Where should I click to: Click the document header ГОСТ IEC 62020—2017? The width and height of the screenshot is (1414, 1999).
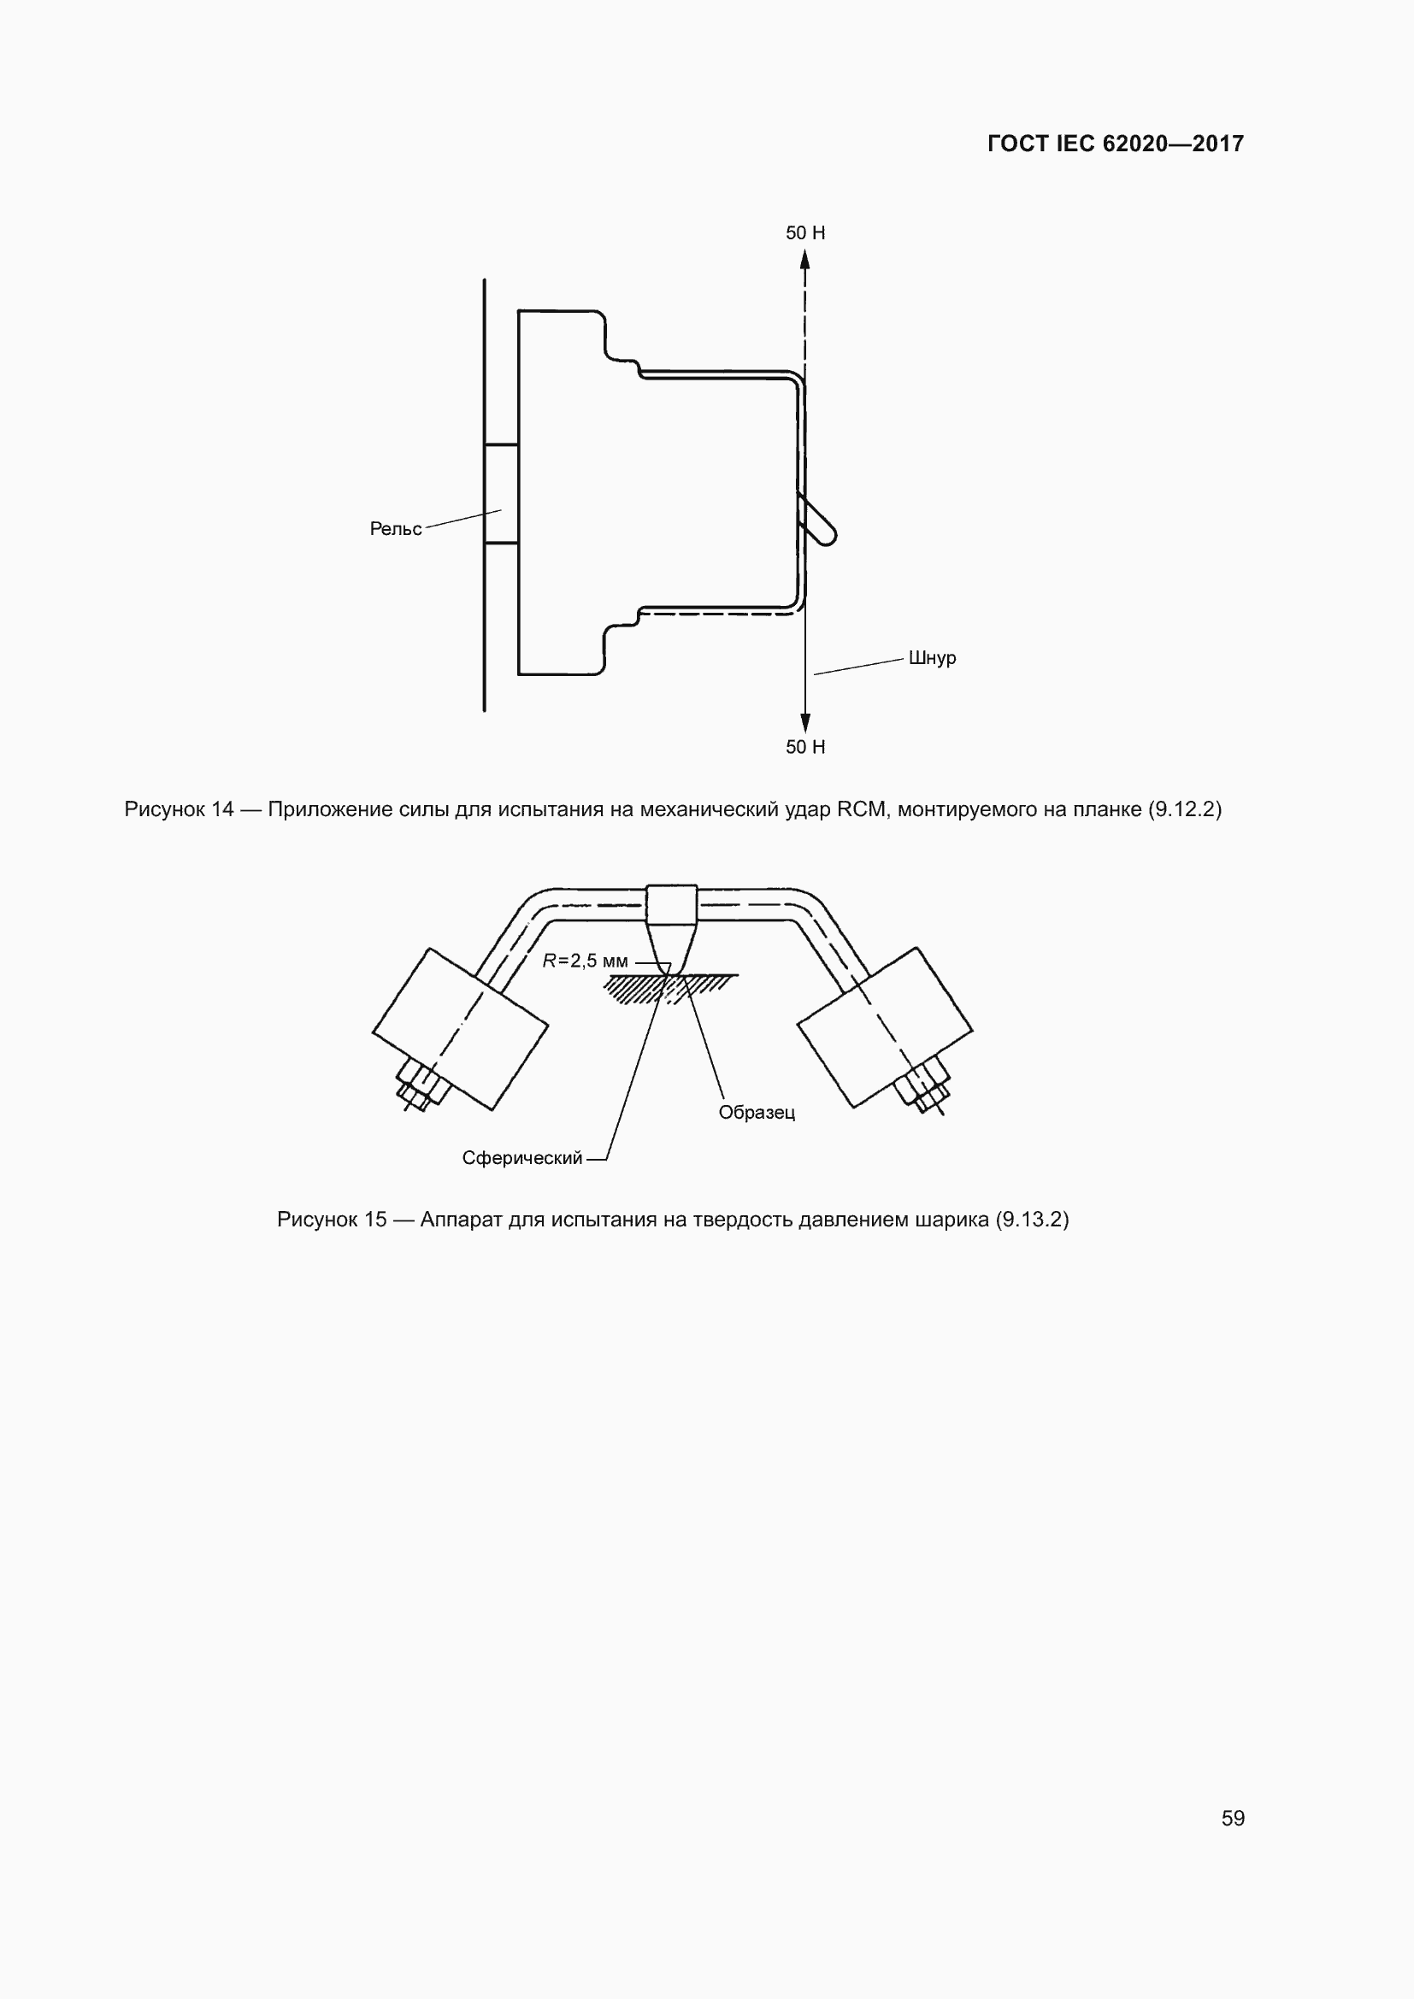[x=1116, y=144]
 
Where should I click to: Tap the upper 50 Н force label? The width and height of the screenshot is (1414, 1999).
[x=805, y=233]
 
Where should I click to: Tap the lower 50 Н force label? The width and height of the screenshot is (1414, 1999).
[x=805, y=747]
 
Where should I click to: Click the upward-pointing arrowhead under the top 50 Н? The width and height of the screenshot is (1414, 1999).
[x=805, y=259]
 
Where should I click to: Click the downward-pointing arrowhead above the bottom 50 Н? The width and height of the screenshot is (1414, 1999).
[x=805, y=722]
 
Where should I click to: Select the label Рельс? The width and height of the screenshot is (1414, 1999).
[x=395, y=529]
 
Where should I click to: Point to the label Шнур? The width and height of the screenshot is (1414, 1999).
[x=932, y=658]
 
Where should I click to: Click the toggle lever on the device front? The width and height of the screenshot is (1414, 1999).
[x=818, y=521]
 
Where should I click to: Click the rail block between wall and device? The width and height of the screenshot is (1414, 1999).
[x=502, y=494]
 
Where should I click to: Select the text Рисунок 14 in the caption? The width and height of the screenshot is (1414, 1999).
[x=180, y=809]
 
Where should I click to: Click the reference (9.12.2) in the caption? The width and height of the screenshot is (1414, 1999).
[x=1185, y=809]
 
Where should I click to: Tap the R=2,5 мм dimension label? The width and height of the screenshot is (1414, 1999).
[x=585, y=961]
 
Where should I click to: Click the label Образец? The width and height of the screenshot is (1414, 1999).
[x=757, y=1113]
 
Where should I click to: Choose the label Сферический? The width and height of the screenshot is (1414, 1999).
[x=521, y=1158]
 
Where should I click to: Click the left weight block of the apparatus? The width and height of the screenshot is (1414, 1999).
[x=460, y=1029]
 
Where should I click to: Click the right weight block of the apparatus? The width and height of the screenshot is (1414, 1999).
[x=885, y=1027]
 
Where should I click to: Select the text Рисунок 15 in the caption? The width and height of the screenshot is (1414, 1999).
[x=332, y=1220]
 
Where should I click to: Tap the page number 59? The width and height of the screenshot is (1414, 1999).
[x=1233, y=1818]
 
